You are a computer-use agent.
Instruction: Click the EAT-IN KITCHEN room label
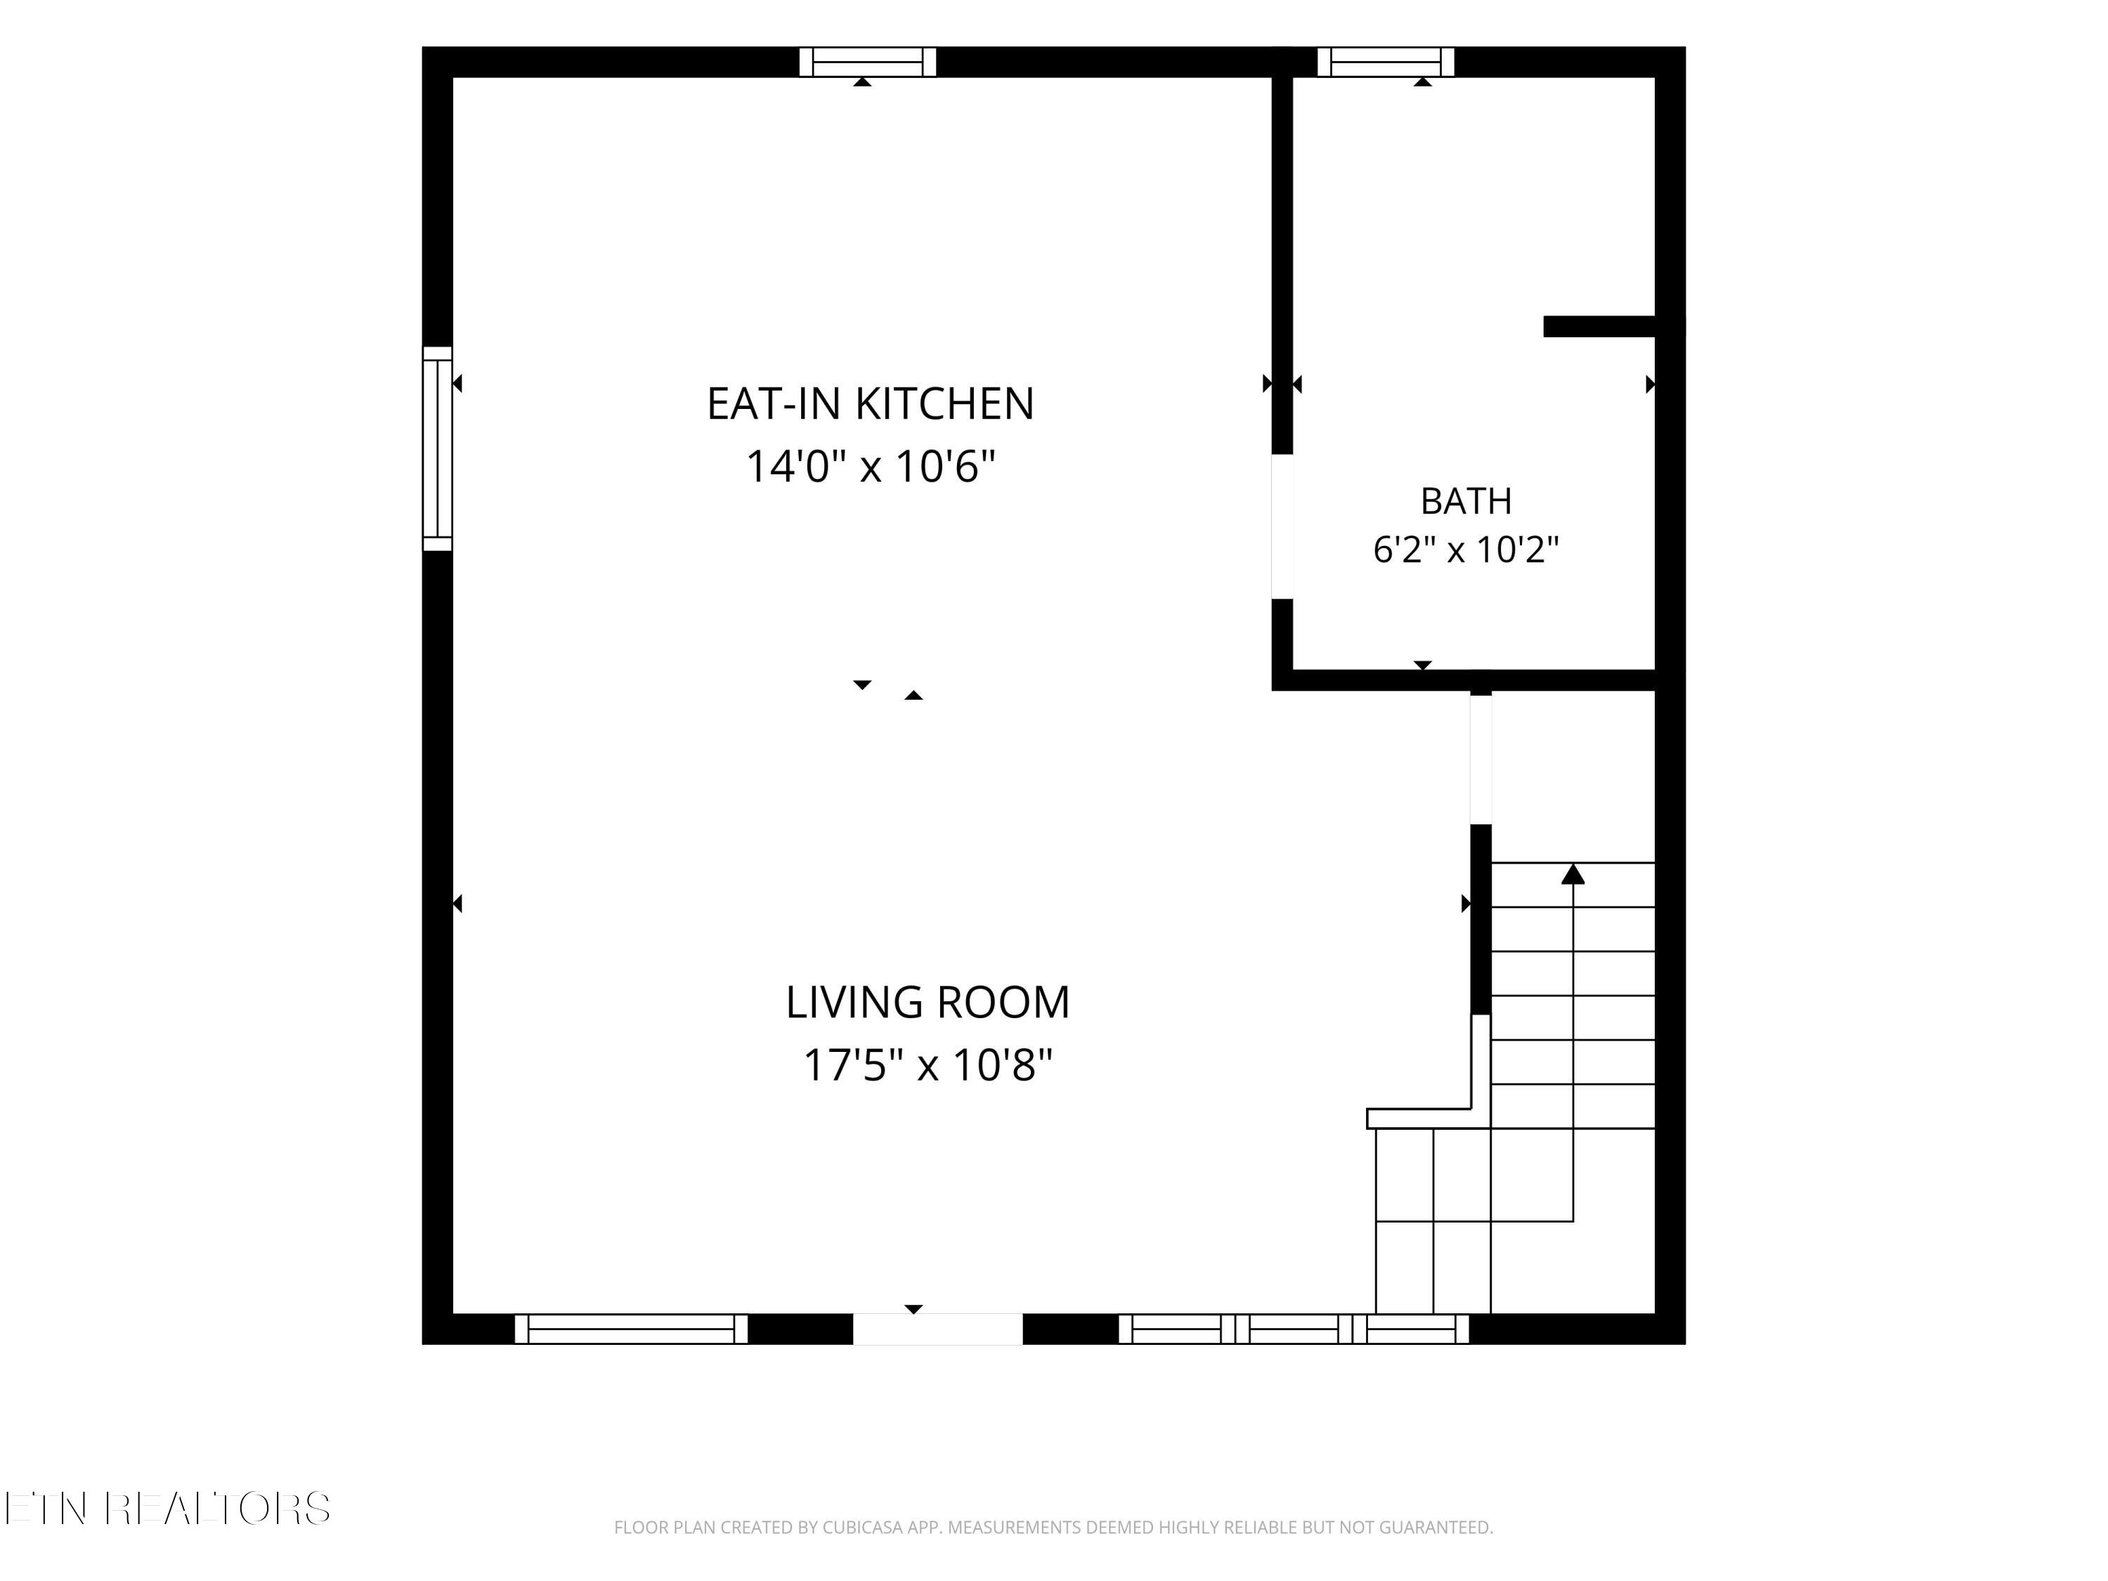[870, 404]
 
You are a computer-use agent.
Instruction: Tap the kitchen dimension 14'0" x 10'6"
[870, 467]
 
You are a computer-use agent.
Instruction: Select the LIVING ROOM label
[928, 1003]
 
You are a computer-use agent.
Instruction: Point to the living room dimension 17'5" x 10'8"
[928, 1065]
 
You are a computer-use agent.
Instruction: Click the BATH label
[1466, 501]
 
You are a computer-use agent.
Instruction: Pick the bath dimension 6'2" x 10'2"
[1466, 550]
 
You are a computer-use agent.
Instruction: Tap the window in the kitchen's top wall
[867, 62]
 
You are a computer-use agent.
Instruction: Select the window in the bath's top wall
[1386, 62]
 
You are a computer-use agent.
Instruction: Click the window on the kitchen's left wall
[438, 448]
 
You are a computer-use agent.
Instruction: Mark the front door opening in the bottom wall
[938, 1329]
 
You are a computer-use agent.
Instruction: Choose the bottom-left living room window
[631, 1329]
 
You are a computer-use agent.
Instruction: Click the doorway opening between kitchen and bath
[1282, 526]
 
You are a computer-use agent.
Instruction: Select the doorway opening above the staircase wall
[1481, 759]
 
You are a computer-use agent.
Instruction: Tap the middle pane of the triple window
[1293, 1329]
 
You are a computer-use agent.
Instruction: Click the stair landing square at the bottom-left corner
[1405, 1268]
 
